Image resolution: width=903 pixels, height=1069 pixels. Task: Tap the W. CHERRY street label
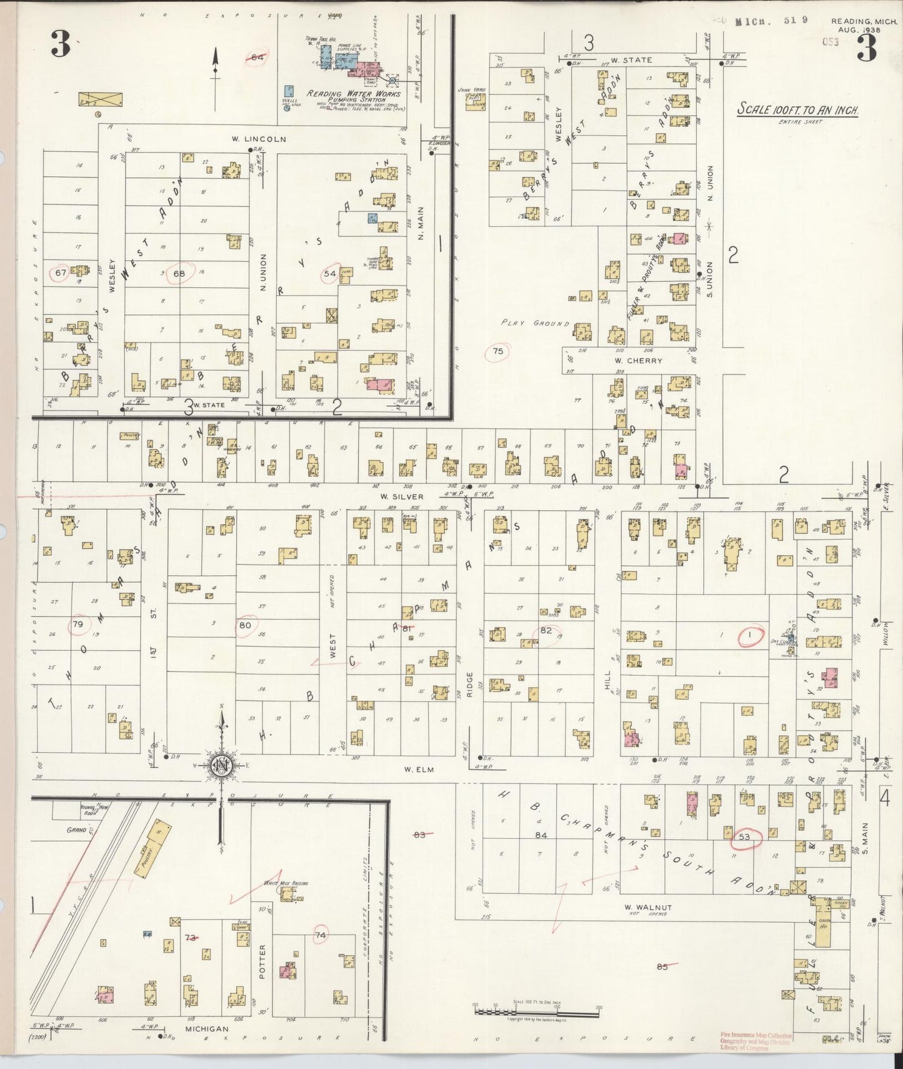coord(638,361)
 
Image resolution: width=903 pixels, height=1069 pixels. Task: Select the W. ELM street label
coord(419,770)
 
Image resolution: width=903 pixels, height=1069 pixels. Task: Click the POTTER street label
coord(262,961)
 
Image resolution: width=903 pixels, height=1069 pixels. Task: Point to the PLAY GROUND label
coord(536,323)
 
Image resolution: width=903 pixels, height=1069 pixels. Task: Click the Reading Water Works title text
coord(353,94)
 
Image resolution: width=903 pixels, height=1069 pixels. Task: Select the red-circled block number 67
coord(61,273)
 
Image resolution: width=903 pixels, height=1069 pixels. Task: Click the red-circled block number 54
coord(329,273)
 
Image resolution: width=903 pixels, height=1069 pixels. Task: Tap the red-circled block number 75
coord(497,351)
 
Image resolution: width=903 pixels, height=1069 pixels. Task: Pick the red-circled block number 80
coord(245,625)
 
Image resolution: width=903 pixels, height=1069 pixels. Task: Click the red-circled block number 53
coord(744,837)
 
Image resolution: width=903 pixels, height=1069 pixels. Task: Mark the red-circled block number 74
coord(321,935)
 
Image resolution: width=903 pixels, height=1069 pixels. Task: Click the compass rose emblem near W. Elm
coord(221,766)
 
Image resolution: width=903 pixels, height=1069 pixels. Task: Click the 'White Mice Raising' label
coord(285,883)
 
